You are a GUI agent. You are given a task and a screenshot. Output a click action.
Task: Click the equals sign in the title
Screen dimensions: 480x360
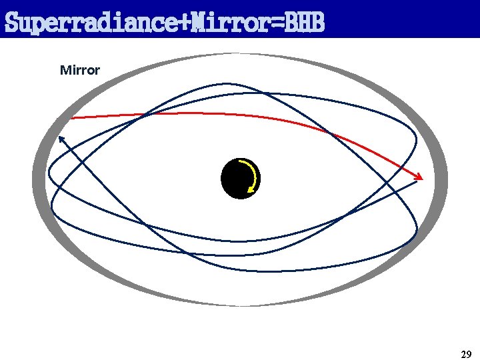coord(277,24)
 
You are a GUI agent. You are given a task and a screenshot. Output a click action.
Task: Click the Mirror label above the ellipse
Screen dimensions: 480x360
coord(80,70)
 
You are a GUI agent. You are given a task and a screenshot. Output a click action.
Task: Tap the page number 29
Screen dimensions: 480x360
coord(466,354)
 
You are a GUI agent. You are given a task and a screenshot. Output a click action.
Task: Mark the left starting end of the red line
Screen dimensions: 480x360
coord(72,118)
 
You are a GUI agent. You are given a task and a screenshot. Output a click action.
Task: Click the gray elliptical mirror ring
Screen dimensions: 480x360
coord(39,180)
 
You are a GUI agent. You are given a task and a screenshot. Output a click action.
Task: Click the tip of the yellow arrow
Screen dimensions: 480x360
coord(249,191)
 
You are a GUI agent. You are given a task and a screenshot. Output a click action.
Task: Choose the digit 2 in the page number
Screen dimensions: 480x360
coord(463,354)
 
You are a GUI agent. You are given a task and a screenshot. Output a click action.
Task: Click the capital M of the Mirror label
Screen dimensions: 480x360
coord(65,70)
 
